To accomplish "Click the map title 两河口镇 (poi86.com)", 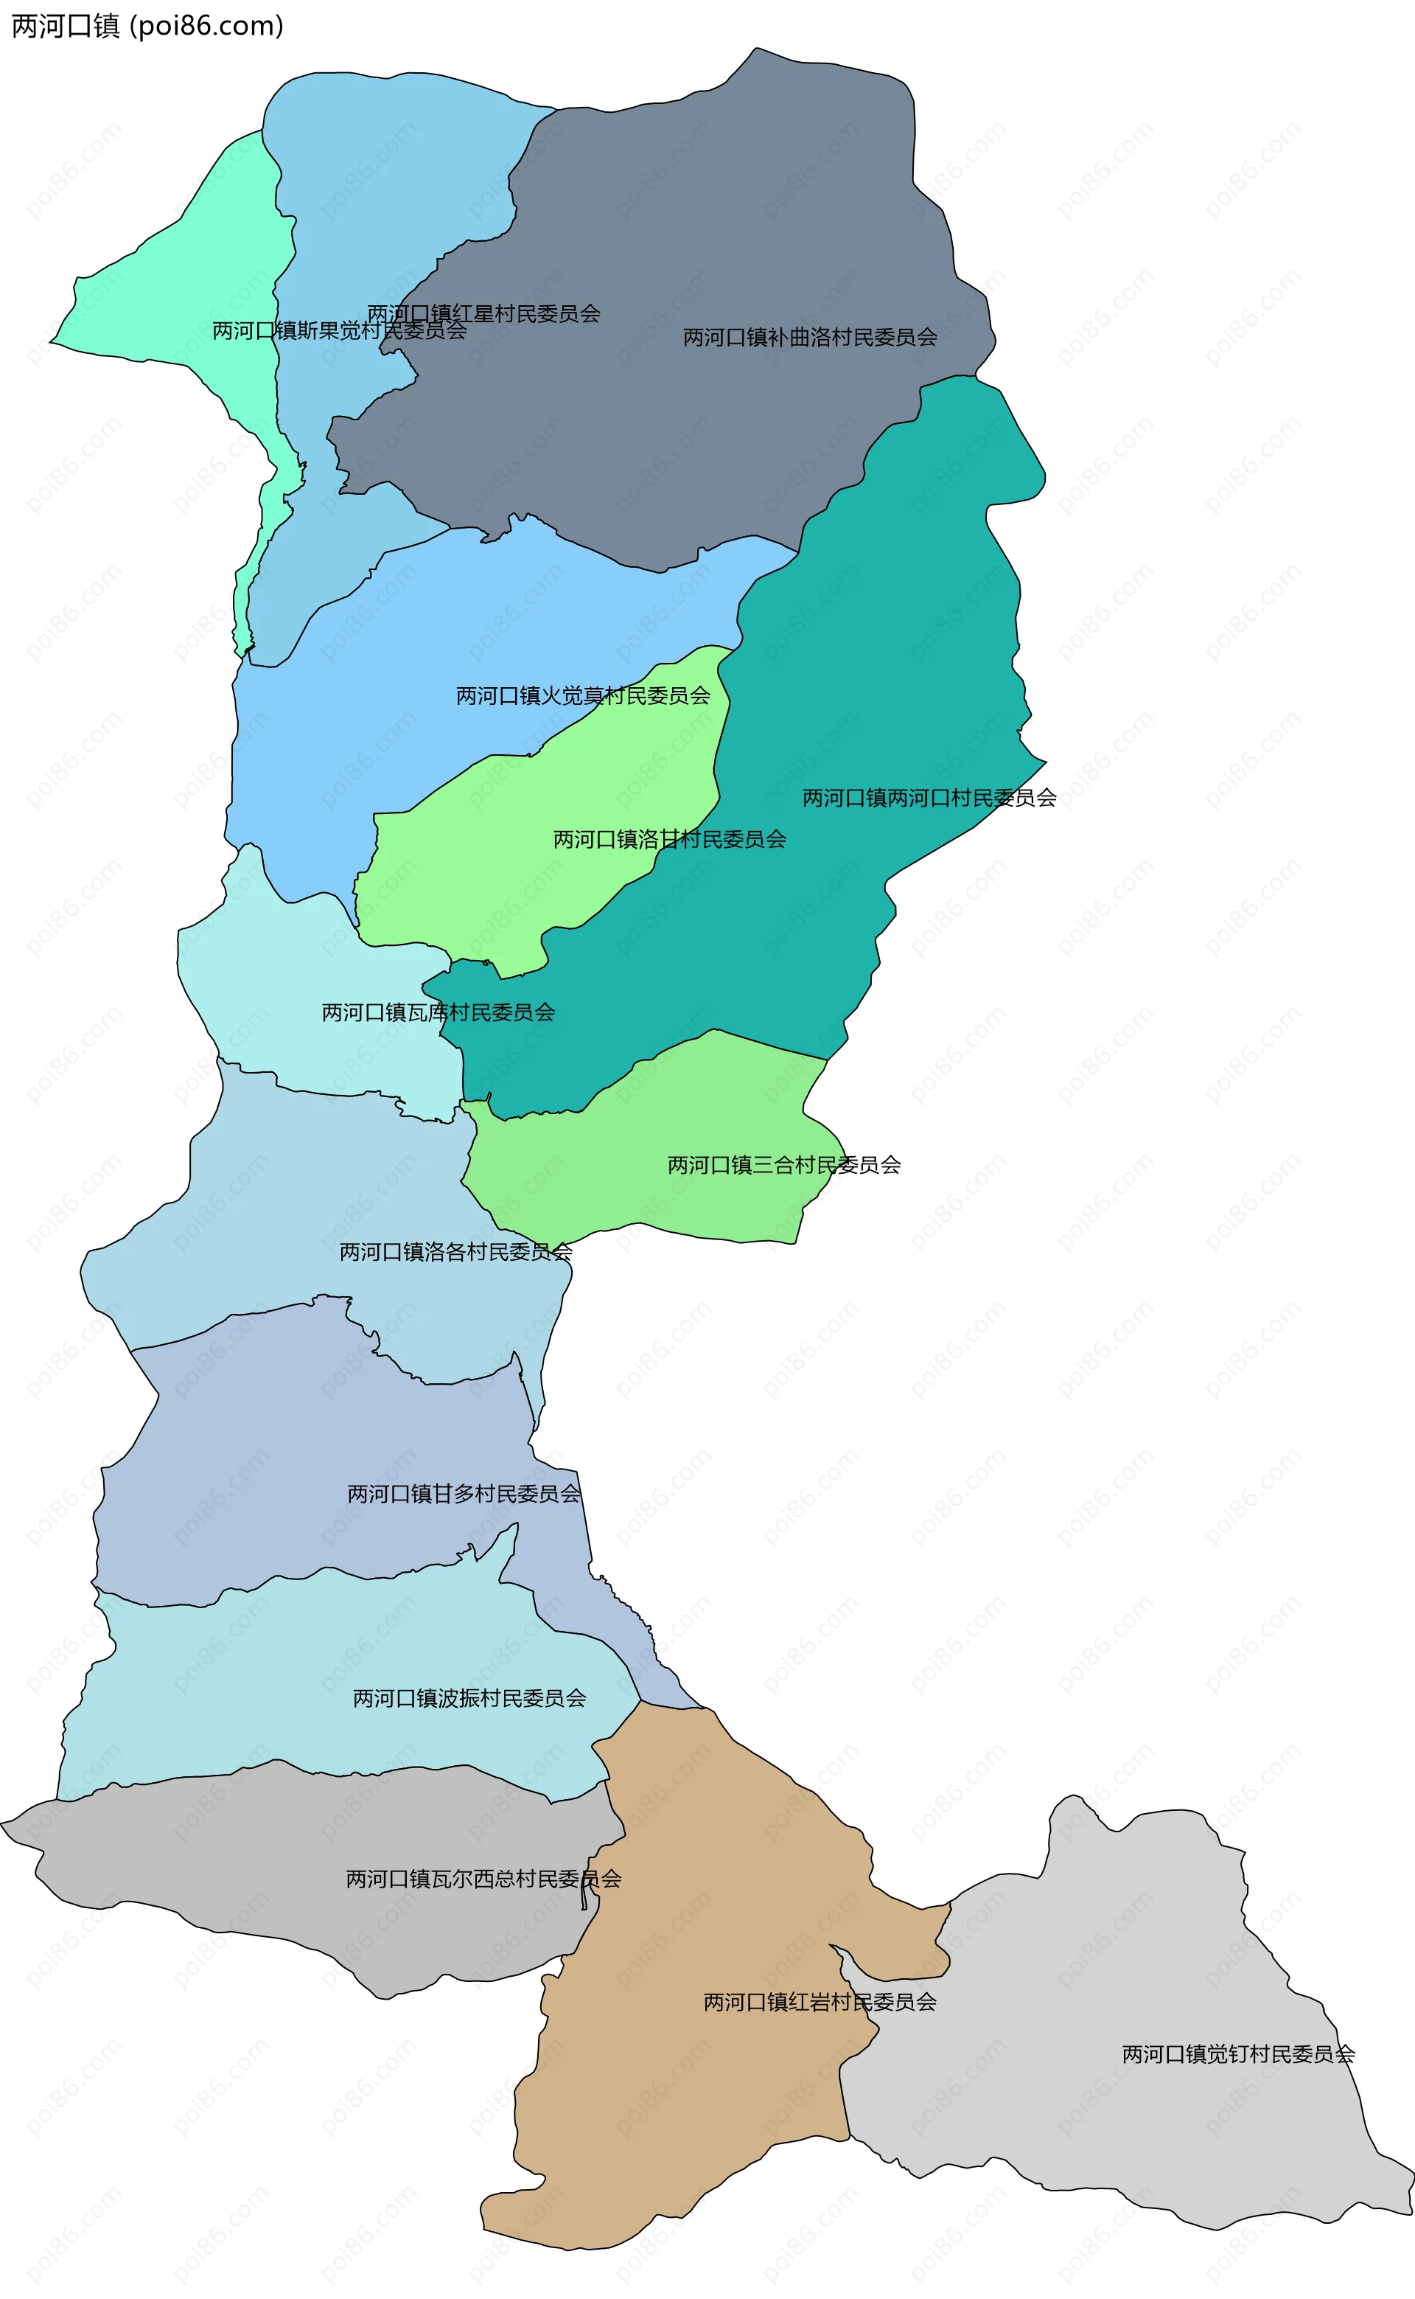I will (147, 27).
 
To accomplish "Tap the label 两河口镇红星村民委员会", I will (484, 313).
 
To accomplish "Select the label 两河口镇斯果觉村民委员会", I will (339, 330).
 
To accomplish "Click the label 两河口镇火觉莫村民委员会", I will (583, 695).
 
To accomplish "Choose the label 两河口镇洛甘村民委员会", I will (669, 840).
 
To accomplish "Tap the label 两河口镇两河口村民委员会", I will (929, 798).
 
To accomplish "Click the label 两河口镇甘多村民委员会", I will (464, 1494).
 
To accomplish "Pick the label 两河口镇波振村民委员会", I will (469, 1698).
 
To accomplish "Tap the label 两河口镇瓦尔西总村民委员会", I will (484, 1879).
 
